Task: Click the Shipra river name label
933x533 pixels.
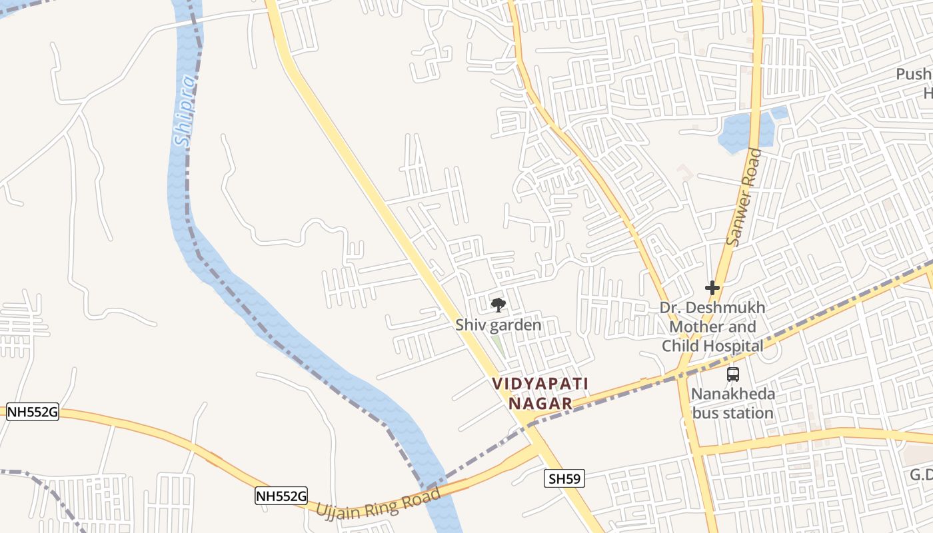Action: pyautogui.click(x=185, y=110)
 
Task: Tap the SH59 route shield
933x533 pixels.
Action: pyautogui.click(x=564, y=478)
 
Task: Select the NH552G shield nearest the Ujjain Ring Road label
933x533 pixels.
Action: pyautogui.click(x=281, y=496)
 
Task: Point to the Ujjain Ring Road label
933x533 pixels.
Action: pyautogui.click(x=378, y=504)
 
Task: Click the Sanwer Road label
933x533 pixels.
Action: pyautogui.click(x=744, y=197)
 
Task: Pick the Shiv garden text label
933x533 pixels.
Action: pyautogui.click(x=498, y=325)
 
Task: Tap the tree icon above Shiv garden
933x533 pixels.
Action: pyautogui.click(x=498, y=305)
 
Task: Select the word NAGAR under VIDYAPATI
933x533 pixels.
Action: pyautogui.click(x=540, y=403)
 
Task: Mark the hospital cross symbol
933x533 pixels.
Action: pyautogui.click(x=712, y=288)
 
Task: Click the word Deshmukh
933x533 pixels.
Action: pyautogui.click(x=725, y=308)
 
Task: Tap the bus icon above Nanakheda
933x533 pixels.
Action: pyautogui.click(x=733, y=374)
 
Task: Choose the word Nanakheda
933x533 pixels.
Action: pyautogui.click(x=733, y=394)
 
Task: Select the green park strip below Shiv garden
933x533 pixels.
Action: pyautogui.click(x=497, y=345)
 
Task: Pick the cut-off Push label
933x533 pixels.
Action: pyautogui.click(x=914, y=74)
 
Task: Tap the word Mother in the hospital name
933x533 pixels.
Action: pyautogui.click(x=696, y=327)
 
